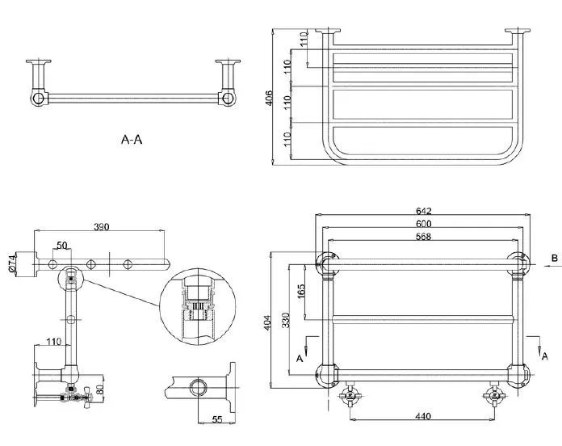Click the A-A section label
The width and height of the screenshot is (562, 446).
pos(132,139)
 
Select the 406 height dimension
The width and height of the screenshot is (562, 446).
pos(269,98)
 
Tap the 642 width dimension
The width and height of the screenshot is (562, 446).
pos(424,210)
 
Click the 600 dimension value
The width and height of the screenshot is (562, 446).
pos(424,223)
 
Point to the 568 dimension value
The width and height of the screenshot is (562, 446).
pos(423,236)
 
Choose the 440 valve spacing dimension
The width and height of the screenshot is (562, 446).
pos(423,416)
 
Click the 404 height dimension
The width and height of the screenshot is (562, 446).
pos(268,322)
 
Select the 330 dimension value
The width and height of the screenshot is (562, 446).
pos(286,320)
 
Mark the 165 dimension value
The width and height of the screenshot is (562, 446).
pos(300,291)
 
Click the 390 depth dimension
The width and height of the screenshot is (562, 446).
pos(102,226)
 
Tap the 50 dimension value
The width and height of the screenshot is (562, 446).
pos(62,246)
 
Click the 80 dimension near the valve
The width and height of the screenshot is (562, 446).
pos(100,389)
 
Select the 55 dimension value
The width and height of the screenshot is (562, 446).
pos(217,419)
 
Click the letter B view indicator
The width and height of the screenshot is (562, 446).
pos(555,258)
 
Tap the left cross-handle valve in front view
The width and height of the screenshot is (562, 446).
pos(350,396)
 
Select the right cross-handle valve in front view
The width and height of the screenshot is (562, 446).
pos(495,396)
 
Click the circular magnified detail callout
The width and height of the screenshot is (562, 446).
pos(198,306)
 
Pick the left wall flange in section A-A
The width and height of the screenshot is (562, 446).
pos(38,61)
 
